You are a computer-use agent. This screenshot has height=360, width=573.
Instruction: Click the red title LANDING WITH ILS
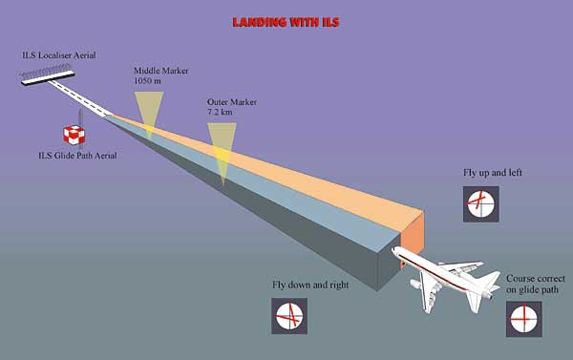[286, 19]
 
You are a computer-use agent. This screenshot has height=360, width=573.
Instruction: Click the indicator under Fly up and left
[480, 203]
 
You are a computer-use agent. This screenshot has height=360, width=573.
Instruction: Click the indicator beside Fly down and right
[289, 315]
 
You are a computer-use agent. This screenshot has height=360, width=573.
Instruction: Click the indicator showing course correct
[523, 318]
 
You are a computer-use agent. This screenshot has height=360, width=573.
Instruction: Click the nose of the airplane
[396, 251]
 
